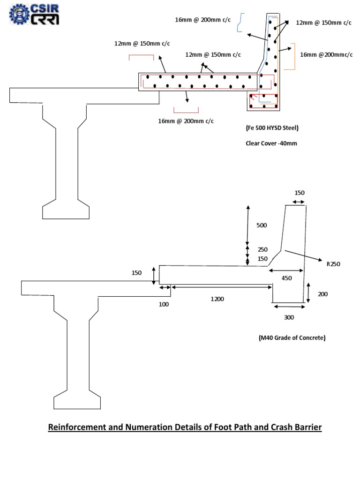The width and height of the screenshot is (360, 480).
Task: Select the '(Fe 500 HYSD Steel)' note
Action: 272,128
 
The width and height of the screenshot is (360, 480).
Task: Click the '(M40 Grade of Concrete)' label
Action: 292,337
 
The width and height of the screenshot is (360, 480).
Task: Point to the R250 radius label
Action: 333,264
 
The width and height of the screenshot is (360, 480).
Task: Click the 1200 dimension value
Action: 217,299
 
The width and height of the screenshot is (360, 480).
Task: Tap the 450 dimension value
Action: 286,278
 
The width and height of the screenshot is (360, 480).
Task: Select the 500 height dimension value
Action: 262,225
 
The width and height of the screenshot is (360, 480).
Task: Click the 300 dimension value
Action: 289,317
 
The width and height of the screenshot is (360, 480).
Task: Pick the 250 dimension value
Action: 262,249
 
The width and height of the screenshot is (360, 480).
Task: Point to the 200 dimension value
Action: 323,294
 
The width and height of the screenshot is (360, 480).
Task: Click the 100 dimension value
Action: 164,304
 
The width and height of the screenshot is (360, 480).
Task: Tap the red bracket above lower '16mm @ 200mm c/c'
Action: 186,110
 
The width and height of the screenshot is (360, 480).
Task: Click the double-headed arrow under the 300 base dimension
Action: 289,307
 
